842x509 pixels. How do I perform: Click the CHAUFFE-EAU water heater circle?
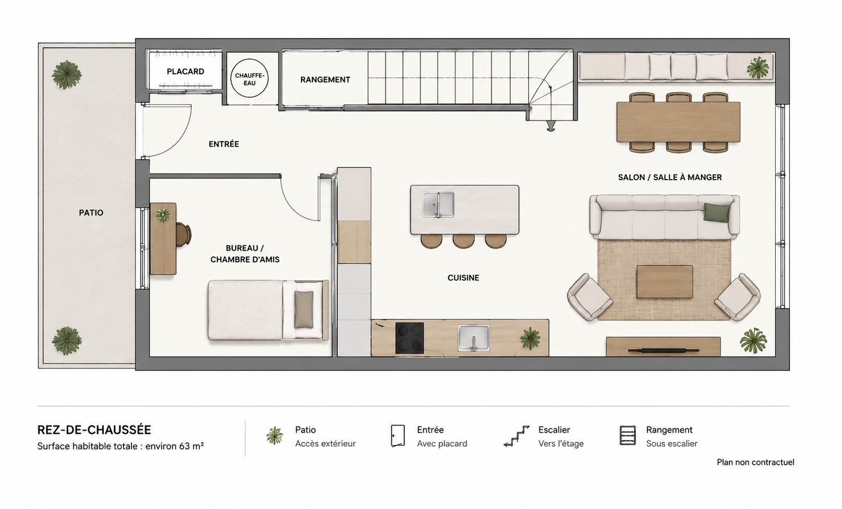pos(249,78)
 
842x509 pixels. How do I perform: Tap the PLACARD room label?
pos(185,72)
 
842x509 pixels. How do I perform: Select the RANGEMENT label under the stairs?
pos(325,80)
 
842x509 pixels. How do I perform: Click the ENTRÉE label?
pos(224,144)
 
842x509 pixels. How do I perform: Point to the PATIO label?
pos(91,213)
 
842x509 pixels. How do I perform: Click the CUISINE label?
pos(463,278)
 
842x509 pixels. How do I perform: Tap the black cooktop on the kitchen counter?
pos(410,338)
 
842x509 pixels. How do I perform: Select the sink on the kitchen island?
pos(438,205)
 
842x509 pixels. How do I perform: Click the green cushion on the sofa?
pos(716,212)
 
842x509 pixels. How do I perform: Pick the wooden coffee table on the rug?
pos(665,282)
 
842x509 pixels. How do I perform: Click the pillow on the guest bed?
pos(304,309)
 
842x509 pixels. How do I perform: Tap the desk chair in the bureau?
pos(184,234)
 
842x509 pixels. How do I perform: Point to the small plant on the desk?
pos(162,215)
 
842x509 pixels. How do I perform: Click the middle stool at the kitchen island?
pos(463,241)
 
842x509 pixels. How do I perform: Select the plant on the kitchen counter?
pos(530,338)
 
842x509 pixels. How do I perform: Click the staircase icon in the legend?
pos(517,436)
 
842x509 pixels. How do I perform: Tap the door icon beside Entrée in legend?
pos(398,436)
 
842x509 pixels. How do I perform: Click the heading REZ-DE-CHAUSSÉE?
pos(94,430)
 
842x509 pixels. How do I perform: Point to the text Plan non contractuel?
pos(755,463)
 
